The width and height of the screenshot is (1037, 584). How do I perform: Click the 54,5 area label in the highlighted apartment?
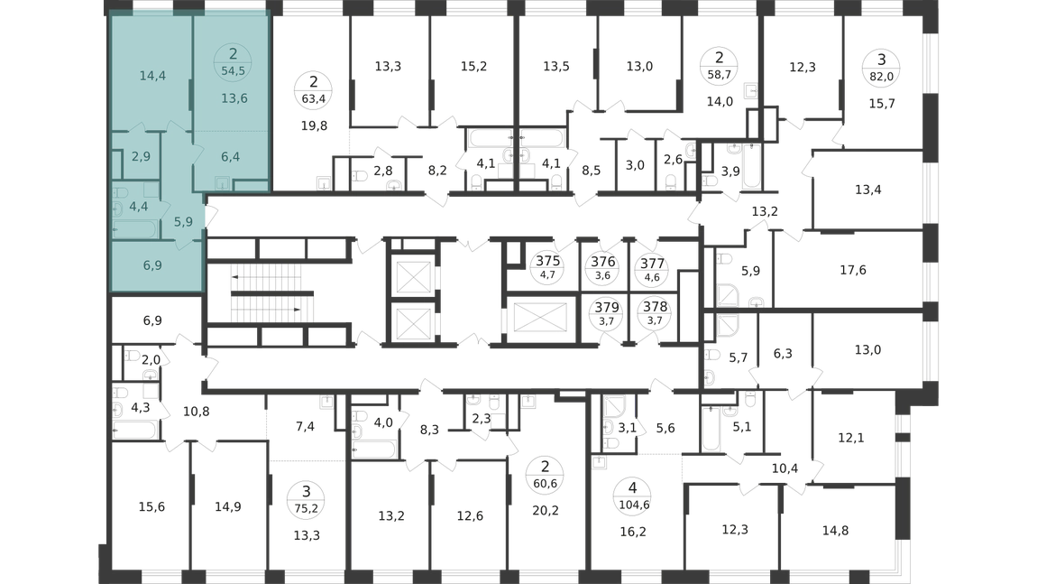234,70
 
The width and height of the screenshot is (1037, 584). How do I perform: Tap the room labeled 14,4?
152,76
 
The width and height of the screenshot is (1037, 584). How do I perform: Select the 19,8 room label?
314,125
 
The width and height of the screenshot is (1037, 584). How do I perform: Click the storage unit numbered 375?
547,261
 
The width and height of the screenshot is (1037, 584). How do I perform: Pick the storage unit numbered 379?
607,307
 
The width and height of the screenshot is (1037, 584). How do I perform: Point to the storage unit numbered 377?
652,264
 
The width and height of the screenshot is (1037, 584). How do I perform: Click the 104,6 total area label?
633,505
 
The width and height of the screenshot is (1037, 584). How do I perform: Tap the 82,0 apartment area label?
882,76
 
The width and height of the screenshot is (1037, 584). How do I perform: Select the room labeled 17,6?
853,270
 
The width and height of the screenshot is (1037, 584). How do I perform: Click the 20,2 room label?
546,510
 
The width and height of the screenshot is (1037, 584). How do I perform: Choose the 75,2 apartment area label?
307,508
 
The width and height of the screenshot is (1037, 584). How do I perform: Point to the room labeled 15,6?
151,506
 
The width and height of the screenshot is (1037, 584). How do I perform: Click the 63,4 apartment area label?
314,99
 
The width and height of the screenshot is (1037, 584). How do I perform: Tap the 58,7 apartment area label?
720,75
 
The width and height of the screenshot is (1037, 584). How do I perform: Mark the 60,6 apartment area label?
545,483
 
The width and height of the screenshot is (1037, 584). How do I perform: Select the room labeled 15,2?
473,66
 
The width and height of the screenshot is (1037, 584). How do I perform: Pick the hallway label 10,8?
197,412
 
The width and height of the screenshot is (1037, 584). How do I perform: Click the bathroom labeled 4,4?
138,207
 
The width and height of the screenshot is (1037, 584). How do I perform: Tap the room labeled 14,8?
835,530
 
